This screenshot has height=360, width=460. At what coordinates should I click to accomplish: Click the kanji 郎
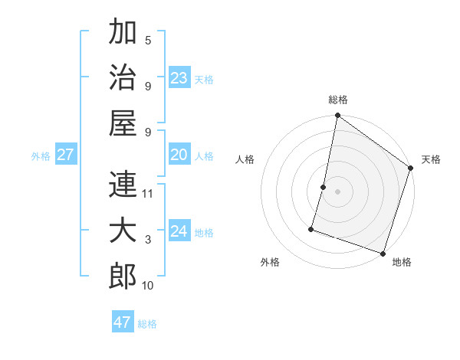click(123, 276)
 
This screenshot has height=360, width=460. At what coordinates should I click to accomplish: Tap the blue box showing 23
click(179, 78)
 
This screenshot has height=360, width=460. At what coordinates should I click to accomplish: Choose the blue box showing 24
click(179, 231)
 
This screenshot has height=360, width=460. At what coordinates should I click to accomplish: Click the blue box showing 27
click(66, 155)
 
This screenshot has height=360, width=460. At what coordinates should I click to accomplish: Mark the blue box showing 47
click(123, 322)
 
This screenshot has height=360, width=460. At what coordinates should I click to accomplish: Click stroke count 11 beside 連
click(149, 194)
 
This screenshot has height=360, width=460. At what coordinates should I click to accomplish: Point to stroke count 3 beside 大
click(148, 240)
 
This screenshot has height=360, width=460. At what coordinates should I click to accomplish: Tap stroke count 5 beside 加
click(148, 41)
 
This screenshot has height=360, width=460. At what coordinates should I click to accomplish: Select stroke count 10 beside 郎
click(149, 286)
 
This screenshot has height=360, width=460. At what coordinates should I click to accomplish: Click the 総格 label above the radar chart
click(338, 100)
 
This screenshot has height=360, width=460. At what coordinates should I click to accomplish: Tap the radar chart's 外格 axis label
click(270, 262)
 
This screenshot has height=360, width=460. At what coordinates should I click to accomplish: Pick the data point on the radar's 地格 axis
click(383, 253)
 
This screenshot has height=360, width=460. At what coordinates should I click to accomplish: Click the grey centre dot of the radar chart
click(337, 191)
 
